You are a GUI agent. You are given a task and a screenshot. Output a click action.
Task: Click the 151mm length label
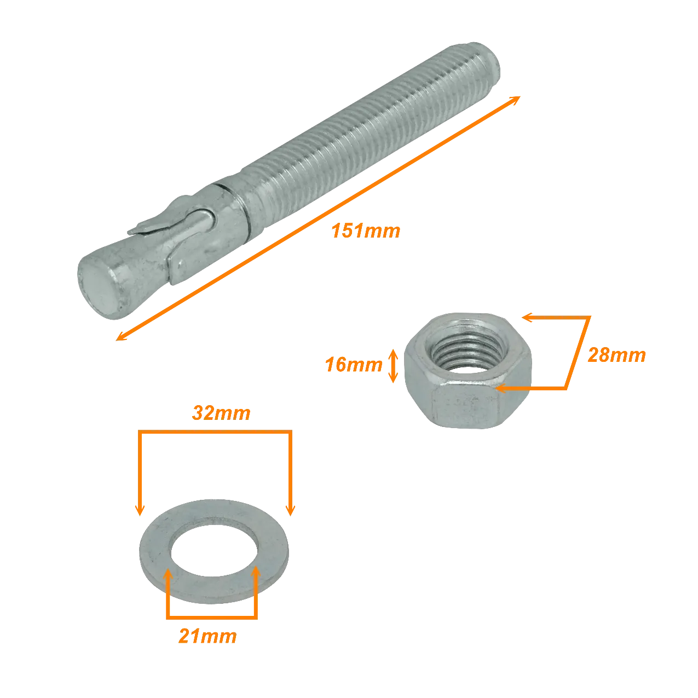point(366,230)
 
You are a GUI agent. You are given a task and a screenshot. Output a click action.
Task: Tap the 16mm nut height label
point(354,365)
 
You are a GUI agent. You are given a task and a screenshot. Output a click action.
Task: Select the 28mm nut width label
point(616,355)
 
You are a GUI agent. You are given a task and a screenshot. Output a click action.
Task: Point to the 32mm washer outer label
point(221,413)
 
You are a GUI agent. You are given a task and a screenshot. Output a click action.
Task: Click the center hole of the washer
point(215,551)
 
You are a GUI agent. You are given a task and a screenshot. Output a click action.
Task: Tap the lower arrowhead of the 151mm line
point(122,337)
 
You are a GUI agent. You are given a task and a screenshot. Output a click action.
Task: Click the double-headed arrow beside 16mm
point(393,366)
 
